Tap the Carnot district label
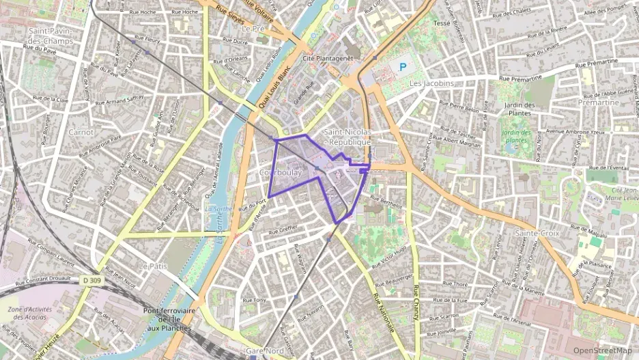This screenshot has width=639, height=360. (81, 131)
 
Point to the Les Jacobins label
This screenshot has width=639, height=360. (431, 83)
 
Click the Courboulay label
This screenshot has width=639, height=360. (280, 174)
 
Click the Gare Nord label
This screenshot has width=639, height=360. (264, 351)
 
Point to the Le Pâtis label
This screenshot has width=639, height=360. (152, 265)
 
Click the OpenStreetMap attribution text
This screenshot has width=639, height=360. (602, 350)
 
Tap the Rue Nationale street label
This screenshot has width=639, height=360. (384, 314)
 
